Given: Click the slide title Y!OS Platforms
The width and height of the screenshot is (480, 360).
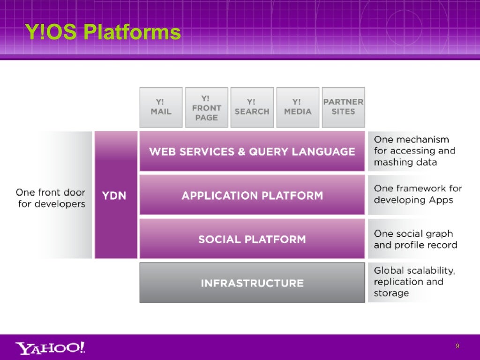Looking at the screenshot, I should click(x=103, y=32).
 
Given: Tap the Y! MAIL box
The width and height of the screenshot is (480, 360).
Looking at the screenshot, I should click(x=161, y=107).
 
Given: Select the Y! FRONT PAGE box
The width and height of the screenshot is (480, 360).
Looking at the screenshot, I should click(x=206, y=107).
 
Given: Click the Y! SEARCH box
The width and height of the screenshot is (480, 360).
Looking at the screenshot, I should click(x=252, y=107).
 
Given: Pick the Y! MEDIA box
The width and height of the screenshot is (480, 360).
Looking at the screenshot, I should click(x=298, y=107).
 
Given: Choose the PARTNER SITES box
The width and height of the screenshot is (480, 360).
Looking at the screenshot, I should click(x=343, y=107).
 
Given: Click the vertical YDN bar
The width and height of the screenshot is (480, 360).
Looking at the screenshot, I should click(x=115, y=195).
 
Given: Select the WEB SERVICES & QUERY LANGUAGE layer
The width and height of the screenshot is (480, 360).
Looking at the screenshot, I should click(x=252, y=151).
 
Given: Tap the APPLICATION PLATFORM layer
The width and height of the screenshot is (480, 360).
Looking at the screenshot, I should click(x=252, y=195).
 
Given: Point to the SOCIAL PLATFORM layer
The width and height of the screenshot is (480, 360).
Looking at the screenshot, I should click(x=252, y=239).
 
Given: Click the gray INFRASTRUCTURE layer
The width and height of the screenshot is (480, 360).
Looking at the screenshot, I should click(x=252, y=283).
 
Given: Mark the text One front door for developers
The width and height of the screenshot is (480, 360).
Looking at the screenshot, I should click(x=51, y=198).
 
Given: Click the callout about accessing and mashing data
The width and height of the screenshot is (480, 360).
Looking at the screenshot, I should click(x=414, y=151).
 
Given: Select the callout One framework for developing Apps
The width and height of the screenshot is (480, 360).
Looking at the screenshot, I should click(x=417, y=194).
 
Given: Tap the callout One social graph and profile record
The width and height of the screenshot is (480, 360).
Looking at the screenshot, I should click(x=415, y=239).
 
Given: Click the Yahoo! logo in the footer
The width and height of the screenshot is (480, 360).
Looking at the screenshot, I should click(x=50, y=348).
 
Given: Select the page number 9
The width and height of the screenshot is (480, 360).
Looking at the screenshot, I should click(x=457, y=346).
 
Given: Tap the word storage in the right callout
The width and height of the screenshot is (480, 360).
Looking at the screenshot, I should click(x=391, y=293).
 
